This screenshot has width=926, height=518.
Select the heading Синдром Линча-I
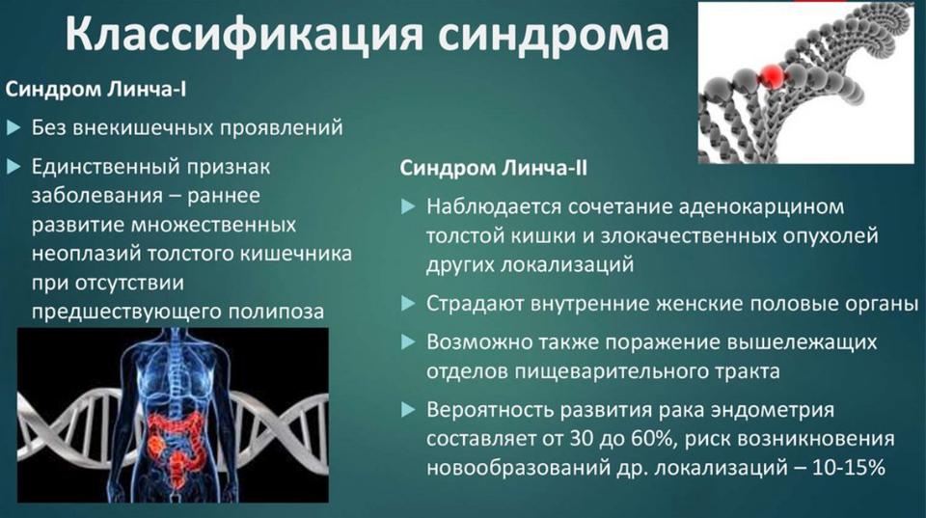95,90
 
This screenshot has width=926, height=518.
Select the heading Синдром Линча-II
494,169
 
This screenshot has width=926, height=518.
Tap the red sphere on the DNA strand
772,75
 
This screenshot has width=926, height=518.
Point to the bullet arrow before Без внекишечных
14,127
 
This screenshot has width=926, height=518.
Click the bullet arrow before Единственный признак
14,167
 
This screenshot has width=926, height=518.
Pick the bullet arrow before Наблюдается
408,206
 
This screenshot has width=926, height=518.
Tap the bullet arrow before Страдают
408,304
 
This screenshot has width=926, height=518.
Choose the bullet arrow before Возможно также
408,342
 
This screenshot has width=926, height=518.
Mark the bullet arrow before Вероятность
408,410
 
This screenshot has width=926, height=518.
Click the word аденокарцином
762,207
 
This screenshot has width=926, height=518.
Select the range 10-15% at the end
849,468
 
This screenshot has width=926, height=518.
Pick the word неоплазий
86,254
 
